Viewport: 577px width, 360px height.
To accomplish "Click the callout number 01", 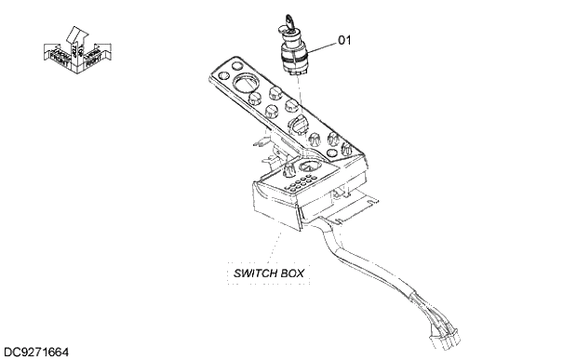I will (344, 40).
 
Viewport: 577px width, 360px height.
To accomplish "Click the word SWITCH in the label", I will (252, 273).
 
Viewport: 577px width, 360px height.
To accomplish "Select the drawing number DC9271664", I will (36, 353).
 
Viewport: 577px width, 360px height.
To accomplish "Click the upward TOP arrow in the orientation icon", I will (76, 34).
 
